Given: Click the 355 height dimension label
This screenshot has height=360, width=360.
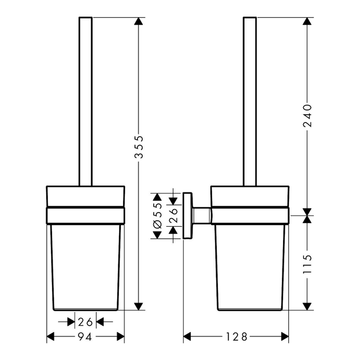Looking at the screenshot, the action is [x=139, y=147].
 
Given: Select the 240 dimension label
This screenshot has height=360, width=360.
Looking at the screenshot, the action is [x=307, y=115].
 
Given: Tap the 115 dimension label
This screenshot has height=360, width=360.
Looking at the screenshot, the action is [x=307, y=264].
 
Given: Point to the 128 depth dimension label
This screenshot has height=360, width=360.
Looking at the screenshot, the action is [x=237, y=337].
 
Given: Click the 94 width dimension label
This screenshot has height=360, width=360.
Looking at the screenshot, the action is [x=85, y=337].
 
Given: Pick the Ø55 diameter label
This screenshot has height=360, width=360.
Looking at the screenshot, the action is [x=158, y=216].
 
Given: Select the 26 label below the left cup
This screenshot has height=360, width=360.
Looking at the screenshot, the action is [x=85, y=322].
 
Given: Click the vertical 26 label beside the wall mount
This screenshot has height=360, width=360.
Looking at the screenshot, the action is [x=173, y=216].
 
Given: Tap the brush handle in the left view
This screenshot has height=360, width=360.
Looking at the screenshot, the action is [x=86, y=101].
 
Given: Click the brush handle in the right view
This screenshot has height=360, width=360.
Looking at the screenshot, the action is [x=250, y=101].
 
